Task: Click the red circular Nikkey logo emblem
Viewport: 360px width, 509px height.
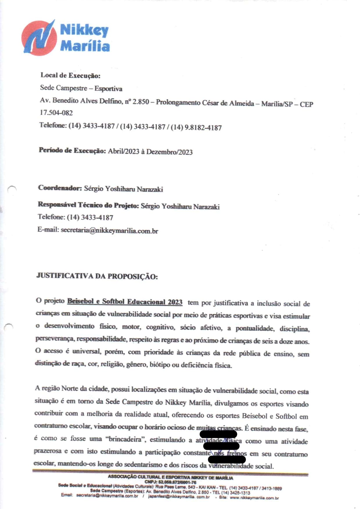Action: [39, 38]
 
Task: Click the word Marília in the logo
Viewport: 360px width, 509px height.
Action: [85, 46]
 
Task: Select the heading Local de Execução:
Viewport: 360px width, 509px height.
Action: [70, 75]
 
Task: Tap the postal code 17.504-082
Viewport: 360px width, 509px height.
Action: [56, 113]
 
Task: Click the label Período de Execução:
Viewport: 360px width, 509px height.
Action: [72, 150]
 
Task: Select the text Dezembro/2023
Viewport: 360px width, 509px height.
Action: [169, 152]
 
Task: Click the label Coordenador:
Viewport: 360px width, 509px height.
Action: [60, 188]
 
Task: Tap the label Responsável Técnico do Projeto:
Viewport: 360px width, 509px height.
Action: [88, 205]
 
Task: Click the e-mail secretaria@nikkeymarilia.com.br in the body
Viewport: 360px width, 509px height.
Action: [109, 231]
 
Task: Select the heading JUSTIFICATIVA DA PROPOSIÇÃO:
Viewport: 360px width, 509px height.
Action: [97, 276]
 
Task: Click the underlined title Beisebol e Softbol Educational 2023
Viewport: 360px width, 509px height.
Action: [125, 302]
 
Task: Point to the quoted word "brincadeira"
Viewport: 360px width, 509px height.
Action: [127, 439]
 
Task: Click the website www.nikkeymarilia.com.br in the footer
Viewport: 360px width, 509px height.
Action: [254, 498]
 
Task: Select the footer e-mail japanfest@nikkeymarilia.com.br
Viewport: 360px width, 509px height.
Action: [179, 497]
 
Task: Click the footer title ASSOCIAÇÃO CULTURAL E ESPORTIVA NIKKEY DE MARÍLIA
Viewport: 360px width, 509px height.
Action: [170, 477]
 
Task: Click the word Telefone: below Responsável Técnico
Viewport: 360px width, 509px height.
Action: [51, 217]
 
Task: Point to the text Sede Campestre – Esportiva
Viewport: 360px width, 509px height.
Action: [81, 88]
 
